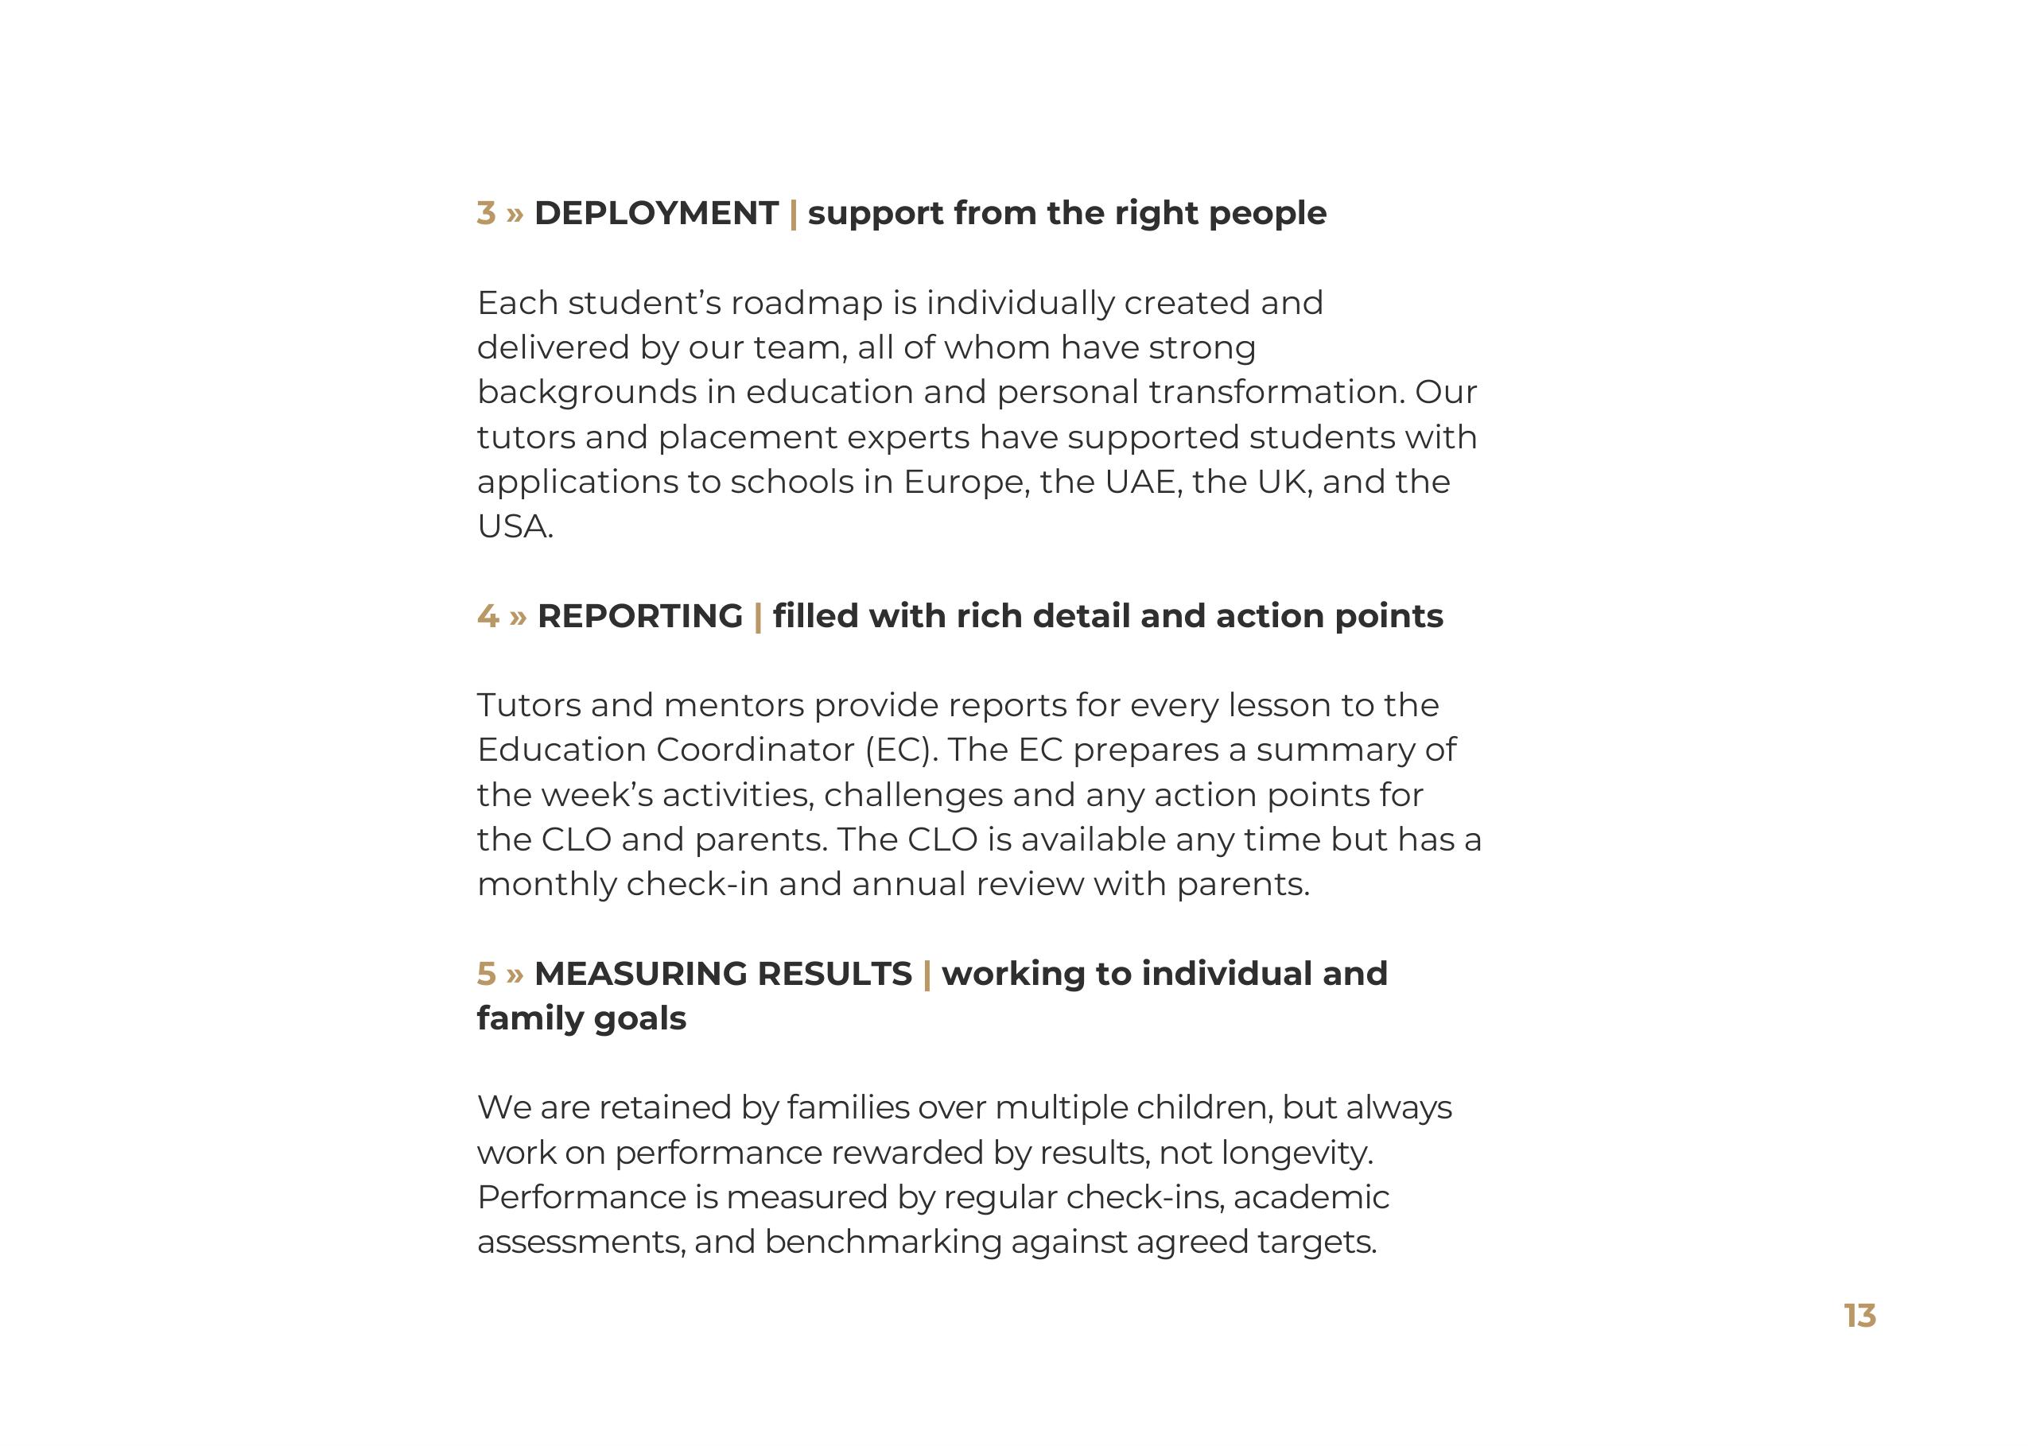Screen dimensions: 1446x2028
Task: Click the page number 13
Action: (1859, 1316)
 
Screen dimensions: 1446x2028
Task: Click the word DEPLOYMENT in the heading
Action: (656, 214)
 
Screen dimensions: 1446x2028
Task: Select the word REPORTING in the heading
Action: (639, 616)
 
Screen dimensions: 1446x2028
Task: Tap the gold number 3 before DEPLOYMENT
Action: (486, 214)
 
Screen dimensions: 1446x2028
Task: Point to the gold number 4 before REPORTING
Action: (488, 616)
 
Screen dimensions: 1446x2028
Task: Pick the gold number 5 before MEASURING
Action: (486, 974)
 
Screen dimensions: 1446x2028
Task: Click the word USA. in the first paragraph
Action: (515, 527)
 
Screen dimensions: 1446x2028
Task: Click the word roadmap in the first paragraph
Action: (806, 304)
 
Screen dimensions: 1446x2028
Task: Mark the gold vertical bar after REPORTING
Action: (758, 617)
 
